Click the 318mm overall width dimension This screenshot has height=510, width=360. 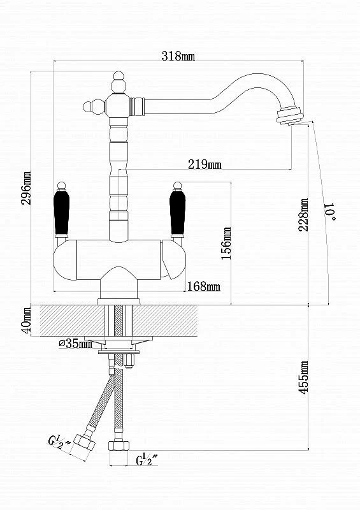coord(178,56)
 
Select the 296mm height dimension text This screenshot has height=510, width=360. coord(26,188)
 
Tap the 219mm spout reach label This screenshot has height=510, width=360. coord(205,164)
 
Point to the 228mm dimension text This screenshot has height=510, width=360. coord(303,215)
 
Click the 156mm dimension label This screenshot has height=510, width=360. coord(226,243)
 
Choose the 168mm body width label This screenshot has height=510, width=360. coord(204,286)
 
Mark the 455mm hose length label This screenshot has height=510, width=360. coord(304,377)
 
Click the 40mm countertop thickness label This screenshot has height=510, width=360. coord(27,320)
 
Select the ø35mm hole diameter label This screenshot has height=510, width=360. coord(75,343)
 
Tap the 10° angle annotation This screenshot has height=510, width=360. coord(329,212)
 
